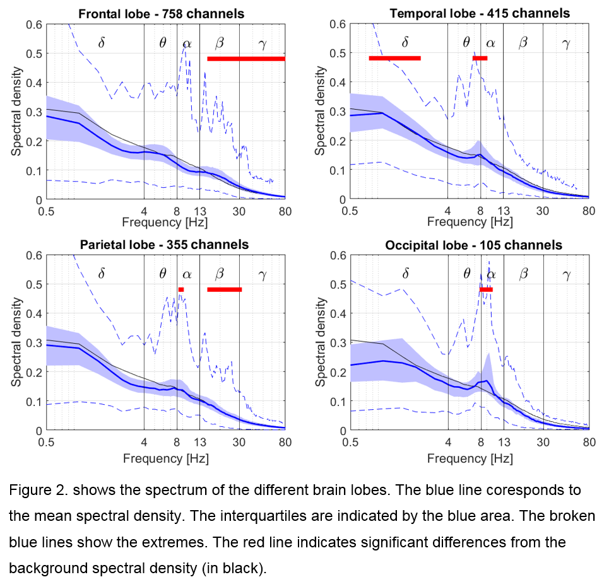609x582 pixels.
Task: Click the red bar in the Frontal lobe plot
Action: [245, 59]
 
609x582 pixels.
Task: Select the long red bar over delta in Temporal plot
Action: [394, 58]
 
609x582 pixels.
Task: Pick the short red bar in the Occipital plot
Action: [486, 289]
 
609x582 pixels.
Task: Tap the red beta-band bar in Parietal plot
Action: [224, 289]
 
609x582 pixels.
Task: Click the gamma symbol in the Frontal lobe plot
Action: [263, 43]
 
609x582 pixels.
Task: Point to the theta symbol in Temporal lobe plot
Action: [466, 42]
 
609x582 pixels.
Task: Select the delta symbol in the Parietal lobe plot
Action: [102, 274]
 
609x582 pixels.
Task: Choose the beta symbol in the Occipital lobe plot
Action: [523, 274]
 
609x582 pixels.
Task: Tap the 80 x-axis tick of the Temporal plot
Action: [588, 211]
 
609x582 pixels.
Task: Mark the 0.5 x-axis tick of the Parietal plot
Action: [45, 441]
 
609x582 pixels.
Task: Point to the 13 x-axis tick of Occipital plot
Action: [504, 441]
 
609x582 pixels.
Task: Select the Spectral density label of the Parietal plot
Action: [16, 343]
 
